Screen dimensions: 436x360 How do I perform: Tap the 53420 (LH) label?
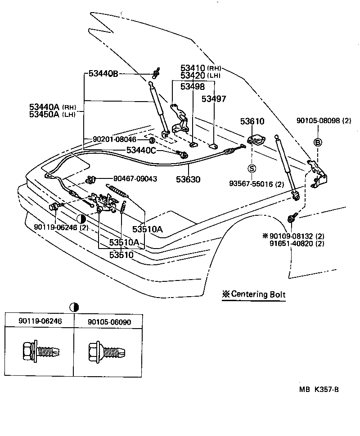[200, 76]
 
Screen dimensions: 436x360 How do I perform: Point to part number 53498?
[193, 86]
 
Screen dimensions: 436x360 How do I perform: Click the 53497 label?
[214, 98]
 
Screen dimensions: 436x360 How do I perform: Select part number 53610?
[252, 121]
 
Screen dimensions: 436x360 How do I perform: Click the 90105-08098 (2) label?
[324, 120]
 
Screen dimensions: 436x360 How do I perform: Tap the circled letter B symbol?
[318, 142]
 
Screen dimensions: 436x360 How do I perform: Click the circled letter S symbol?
[252, 169]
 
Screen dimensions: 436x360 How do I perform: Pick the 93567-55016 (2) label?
[256, 184]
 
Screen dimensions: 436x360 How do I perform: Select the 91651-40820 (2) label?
[297, 243]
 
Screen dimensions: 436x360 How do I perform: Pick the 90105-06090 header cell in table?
[109, 321]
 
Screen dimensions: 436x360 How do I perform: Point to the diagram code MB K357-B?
[319, 390]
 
